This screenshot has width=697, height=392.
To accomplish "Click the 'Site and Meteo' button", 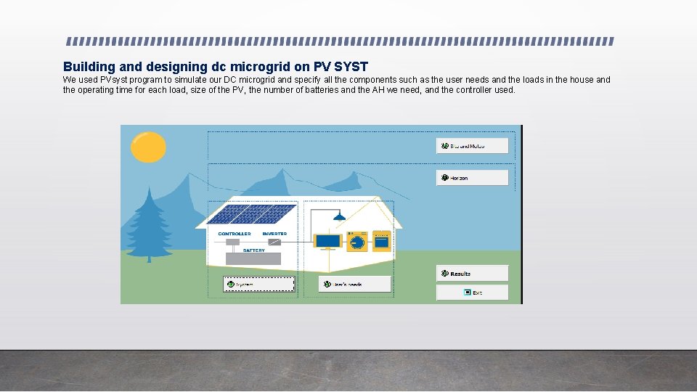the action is click(x=472, y=146).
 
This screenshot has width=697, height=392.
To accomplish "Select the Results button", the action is click(x=472, y=274).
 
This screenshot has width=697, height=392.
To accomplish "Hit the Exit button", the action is click(x=472, y=293).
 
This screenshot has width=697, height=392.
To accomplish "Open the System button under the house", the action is click(x=258, y=285).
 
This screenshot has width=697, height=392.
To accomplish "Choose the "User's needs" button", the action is click(x=355, y=285).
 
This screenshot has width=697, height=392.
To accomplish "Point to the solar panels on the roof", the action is click(x=250, y=213).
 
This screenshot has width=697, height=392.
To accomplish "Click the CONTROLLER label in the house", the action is click(x=235, y=234).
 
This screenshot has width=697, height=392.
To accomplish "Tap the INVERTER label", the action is click(x=274, y=234).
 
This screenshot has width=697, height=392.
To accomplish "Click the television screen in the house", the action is click(x=327, y=240).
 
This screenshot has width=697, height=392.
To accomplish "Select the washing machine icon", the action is click(x=356, y=240).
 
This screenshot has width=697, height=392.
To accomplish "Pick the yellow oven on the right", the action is click(x=381, y=240).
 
